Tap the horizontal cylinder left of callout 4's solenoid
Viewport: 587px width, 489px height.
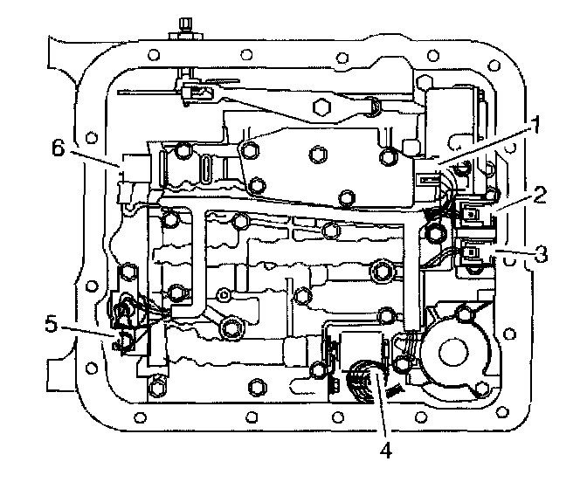[300, 355]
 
